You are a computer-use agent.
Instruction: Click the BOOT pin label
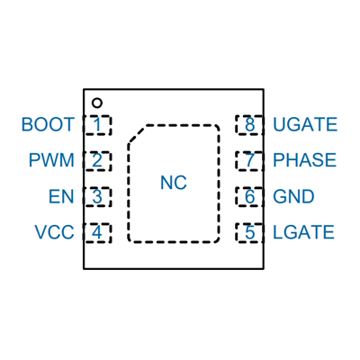[x=48, y=124]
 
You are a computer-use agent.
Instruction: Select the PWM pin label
[x=51, y=160]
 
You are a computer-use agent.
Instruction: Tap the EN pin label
[x=61, y=196]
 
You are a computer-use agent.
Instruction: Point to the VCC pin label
[x=54, y=232]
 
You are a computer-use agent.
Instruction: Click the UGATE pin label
[x=305, y=124]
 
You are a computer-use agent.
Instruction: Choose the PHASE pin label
[x=305, y=160]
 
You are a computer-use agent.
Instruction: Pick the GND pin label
[x=293, y=196]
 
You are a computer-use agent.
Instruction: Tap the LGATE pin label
[x=303, y=232]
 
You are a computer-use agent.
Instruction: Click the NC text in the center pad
[x=174, y=183]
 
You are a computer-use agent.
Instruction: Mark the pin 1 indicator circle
[x=97, y=103]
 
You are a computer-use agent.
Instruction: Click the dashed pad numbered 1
[x=97, y=125]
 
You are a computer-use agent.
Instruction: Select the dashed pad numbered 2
[x=97, y=161]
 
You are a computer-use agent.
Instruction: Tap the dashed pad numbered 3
[x=97, y=197]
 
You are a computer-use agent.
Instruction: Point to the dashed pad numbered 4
[x=97, y=233]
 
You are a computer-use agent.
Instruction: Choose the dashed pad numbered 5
[x=249, y=233]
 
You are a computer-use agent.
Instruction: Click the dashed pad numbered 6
[x=249, y=197]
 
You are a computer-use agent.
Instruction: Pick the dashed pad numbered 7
[x=249, y=161]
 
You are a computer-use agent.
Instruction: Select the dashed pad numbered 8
[x=249, y=125]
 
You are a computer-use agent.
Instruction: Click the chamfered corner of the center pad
[x=137, y=134]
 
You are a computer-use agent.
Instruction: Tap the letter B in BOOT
[x=27, y=124]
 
